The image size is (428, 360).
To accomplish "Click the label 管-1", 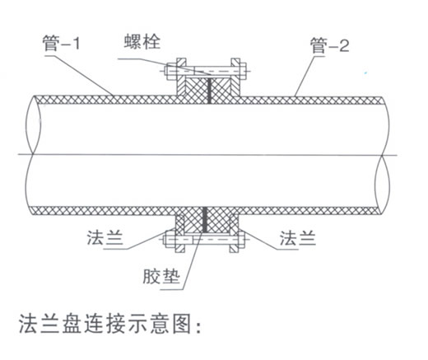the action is (x=61, y=44).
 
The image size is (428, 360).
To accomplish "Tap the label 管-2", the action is (x=329, y=45).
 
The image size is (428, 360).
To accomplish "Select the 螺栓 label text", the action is (x=142, y=42).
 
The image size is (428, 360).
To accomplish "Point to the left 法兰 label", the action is (x=105, y=237).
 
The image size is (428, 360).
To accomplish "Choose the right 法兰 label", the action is (x=298, y=238).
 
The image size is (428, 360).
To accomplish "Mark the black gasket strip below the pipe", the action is (x=204, y=219).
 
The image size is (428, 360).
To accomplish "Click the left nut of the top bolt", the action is (x=171, y=72).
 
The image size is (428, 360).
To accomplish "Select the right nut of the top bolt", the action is (x=243, y=71).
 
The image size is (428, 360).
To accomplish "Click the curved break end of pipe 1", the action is (x=33, y=155).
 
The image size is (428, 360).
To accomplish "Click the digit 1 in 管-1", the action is (x=76, y=44).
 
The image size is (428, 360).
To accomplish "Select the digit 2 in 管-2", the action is (x=344, y=46).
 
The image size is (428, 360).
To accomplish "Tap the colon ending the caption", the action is (x=199, y=326).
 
